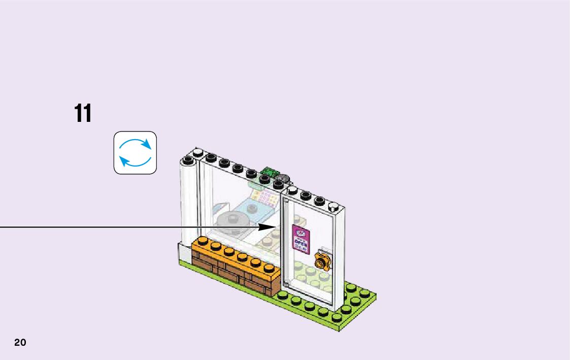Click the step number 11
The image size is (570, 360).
(83, 113)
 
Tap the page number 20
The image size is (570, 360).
(20, 342)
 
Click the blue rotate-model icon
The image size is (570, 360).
(135, 153)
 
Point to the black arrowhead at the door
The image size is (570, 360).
(267, 226)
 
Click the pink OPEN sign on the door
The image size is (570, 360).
(300, 238)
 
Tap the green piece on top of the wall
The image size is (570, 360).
(268, 173)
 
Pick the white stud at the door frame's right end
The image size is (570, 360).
(333, 206)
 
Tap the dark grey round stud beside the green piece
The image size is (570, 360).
(282, 179)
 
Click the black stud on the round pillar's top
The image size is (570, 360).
(188, 160)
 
